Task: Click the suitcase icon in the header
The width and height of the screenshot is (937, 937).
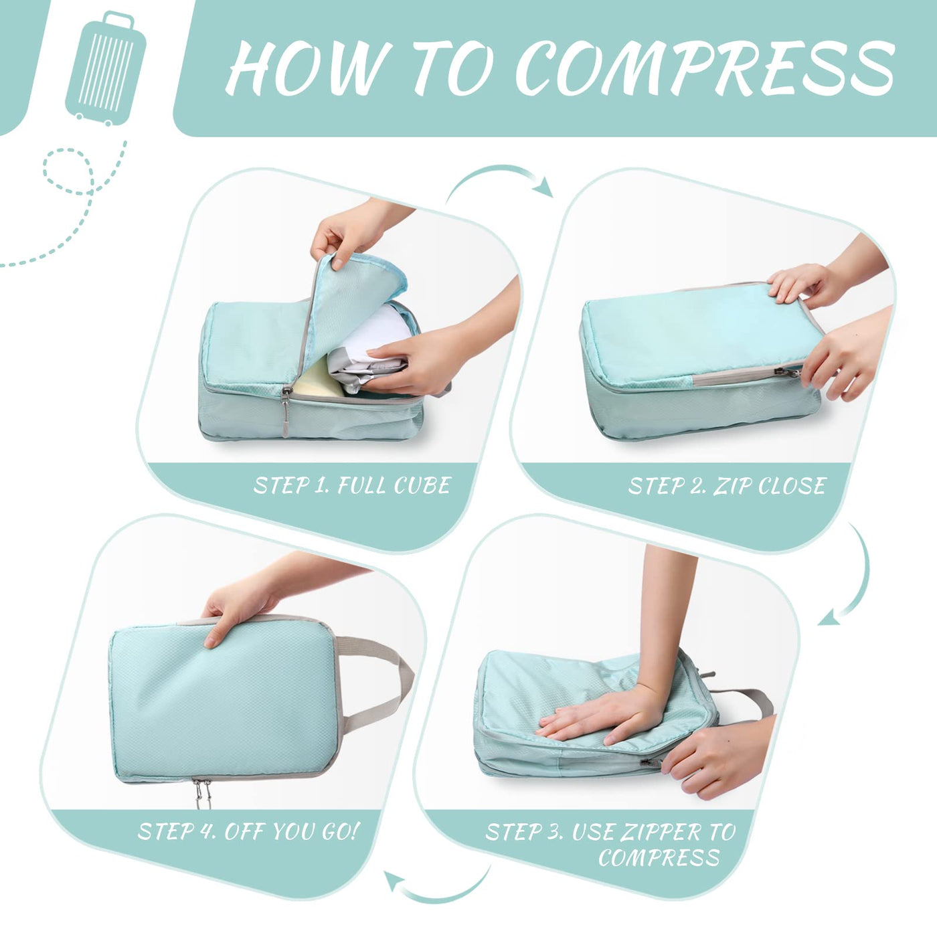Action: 106,68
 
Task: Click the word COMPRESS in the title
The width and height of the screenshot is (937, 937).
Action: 704,68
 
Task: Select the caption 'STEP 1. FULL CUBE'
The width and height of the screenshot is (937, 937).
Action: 353,485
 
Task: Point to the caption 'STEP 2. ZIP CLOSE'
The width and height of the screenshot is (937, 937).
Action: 727,485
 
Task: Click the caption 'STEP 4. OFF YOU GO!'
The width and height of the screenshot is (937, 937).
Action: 248,831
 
